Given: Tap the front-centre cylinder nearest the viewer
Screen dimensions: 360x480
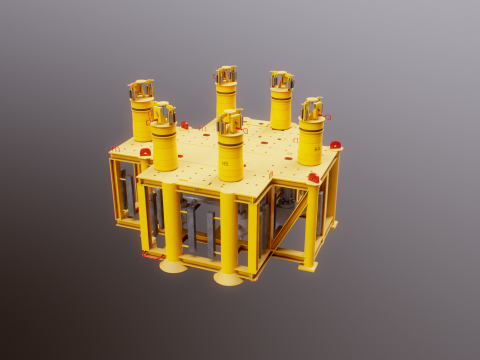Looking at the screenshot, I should (x=231, y=156).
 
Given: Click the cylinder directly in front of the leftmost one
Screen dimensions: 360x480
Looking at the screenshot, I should (x=165, y=145).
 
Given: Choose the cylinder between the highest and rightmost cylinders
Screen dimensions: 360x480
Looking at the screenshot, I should (x=281, y=108).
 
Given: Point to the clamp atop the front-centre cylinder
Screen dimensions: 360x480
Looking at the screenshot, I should (x=231, y=122).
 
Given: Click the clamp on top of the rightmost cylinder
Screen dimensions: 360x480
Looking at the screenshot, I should (x=312, y=107).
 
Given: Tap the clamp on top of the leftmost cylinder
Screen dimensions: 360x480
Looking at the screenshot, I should (x=141, y=89).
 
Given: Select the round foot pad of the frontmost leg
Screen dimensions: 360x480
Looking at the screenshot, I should (x=228, y=278).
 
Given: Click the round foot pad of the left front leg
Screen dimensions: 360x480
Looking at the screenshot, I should (x=173, y=266).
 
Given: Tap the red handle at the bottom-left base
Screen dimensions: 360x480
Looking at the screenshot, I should (x=153, y=255).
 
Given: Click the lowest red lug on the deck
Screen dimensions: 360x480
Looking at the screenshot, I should (x=313, y=177).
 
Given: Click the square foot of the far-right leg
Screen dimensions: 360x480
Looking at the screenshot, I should (x=309, y=267).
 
